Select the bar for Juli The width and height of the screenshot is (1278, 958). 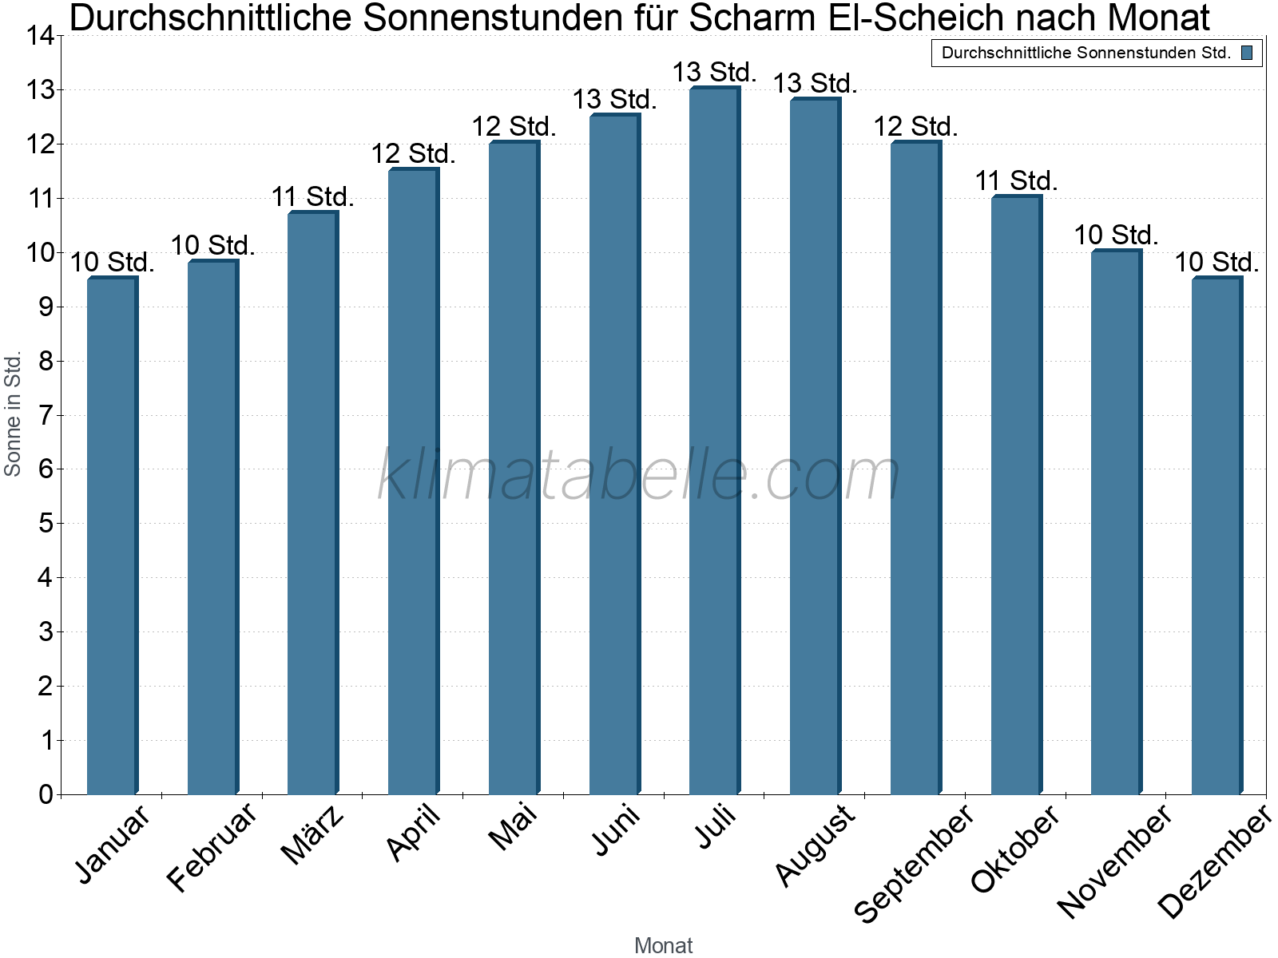click(714, 439)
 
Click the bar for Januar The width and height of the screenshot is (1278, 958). click(112, 535)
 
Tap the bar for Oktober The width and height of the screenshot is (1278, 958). click(1016, 495)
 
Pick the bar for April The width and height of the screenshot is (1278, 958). click(413, 479)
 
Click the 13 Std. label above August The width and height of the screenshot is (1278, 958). click(815, 83)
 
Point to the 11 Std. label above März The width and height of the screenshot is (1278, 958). click(312, 196)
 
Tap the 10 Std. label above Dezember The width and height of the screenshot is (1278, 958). click(1216, 262)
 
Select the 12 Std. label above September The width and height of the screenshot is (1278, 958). click(915, 126)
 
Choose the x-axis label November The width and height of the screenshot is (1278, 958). click(1114, 861)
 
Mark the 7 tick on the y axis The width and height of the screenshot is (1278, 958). click(46, 415)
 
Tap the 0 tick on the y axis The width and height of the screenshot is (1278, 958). click(46, 794)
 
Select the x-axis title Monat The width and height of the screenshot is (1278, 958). click(663, 945)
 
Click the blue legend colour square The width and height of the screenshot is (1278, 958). click(1247, 53)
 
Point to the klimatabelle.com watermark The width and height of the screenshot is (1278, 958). click(639, 476)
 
